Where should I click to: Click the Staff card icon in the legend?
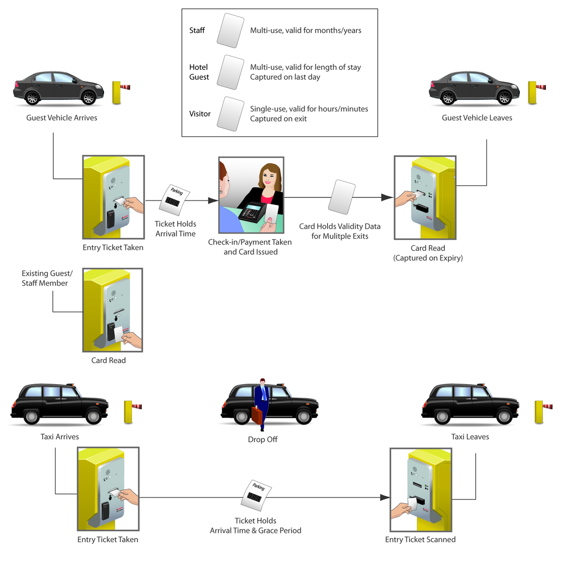230,31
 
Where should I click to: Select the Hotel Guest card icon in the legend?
230,72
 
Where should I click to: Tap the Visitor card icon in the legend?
230,114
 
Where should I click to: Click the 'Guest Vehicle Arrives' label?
62,118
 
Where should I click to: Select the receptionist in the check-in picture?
269,186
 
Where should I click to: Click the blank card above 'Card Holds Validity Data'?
342,197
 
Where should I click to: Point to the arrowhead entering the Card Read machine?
387,198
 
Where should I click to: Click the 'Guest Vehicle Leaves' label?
477,118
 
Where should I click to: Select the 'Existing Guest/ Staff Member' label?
46,278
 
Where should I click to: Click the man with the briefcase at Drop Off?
262,402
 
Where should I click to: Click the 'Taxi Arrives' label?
60,437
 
